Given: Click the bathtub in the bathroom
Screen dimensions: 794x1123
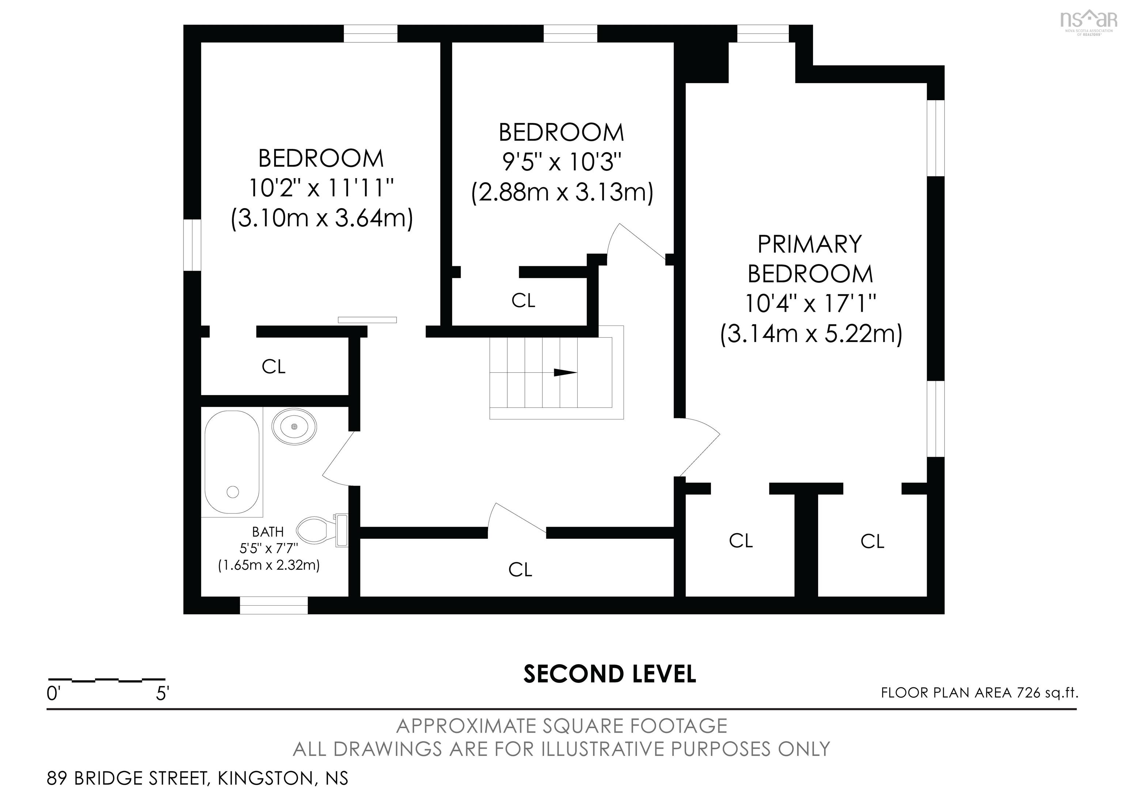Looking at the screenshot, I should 232,462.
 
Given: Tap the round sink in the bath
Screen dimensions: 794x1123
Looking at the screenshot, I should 294,427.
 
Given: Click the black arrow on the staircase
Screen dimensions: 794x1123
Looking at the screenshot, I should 565,373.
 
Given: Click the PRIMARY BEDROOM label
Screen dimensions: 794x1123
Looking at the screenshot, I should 810,259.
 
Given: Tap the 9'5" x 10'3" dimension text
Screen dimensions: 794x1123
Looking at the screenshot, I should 561,162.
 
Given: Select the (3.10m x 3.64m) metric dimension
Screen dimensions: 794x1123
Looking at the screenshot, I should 322,218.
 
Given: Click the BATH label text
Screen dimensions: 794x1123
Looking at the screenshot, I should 268,531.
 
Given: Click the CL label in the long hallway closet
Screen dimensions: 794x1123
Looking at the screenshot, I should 519,569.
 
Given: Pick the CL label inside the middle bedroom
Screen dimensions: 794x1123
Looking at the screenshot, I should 523,301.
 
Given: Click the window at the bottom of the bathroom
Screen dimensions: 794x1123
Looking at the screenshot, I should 273,605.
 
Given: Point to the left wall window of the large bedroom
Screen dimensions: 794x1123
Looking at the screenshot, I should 193,245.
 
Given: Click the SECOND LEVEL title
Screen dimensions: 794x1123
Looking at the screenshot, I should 609,674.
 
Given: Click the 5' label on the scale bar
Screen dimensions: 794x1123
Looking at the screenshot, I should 162,694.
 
